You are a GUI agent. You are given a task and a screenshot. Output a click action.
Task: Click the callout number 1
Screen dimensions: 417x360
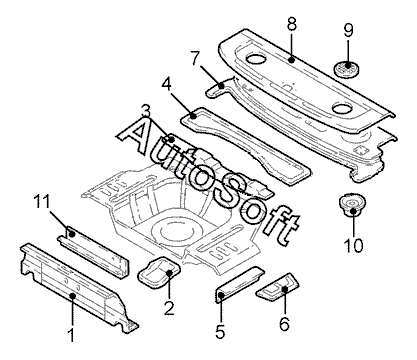(71, 334)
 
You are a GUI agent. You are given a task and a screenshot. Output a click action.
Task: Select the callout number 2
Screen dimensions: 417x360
(169, 308)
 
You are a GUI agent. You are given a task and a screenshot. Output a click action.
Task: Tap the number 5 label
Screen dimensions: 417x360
(220, 331)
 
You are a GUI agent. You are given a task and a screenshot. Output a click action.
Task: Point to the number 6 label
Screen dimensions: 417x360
(284, 324)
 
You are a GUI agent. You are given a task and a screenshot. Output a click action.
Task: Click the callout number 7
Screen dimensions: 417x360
(196, 58)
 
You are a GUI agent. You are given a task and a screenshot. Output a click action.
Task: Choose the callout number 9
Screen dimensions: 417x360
(348, 30)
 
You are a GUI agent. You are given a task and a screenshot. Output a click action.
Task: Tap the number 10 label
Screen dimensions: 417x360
(353, 246)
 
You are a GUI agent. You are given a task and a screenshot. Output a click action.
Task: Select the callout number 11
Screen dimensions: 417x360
(42, 202)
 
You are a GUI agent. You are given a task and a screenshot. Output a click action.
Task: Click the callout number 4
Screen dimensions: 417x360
(167, 85)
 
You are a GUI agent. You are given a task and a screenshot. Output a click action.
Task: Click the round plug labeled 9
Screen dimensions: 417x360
(347, 68)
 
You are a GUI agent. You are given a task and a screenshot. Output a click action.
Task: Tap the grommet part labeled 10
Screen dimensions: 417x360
(352, 205)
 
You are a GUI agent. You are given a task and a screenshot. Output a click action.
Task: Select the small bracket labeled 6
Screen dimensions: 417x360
(278, 286)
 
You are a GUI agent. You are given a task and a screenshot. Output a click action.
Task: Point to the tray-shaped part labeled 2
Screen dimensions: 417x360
(159, 271)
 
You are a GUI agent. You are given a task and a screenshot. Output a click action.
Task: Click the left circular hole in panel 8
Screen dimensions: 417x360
(256, 59)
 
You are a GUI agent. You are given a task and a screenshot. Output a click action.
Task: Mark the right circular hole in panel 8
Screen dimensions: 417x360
(343, 108)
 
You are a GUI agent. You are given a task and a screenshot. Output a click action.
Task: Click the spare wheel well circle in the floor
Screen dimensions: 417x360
(177, 230)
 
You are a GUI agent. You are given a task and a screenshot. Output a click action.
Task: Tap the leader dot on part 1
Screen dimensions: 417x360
(72, 295)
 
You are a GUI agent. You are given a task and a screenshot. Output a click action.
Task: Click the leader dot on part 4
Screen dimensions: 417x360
(193, 116)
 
